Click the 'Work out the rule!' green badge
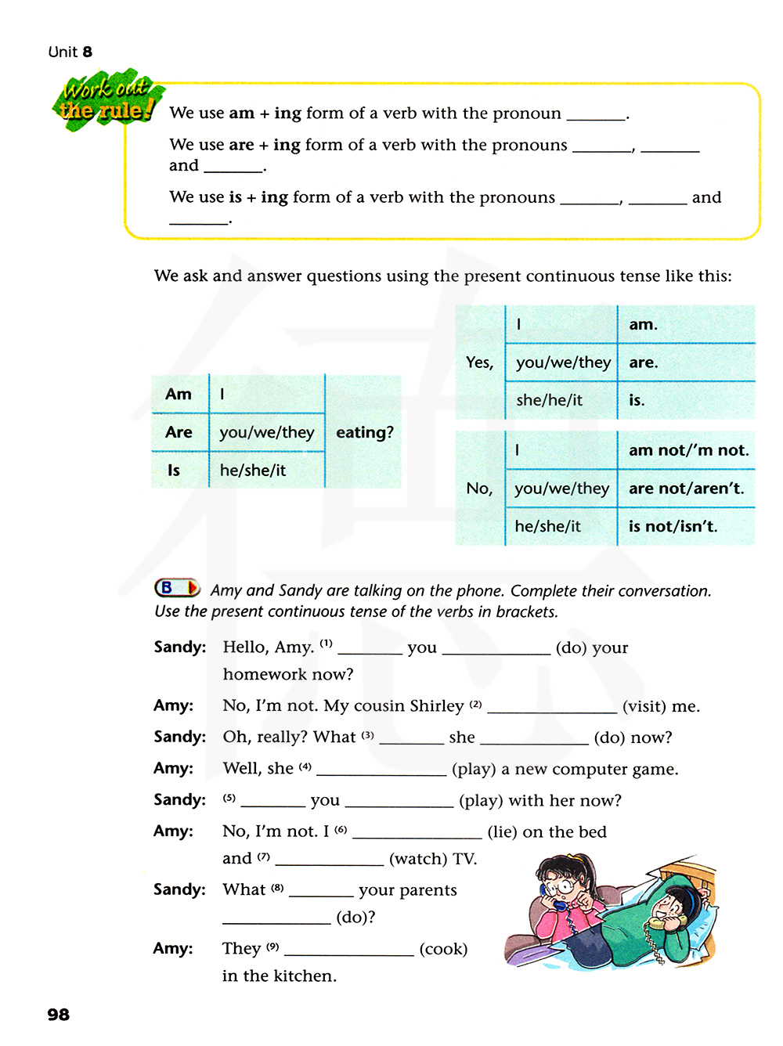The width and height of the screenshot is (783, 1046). [x=107, y=100]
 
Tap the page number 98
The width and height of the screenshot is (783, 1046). [x=58, y=1015]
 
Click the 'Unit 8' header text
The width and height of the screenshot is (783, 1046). [x=70, y=52]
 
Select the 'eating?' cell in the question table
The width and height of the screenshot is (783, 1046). [x=364, y=432]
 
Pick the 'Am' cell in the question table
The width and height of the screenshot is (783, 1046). [x=179, y=394]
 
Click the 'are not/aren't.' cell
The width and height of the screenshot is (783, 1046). [x=686, y=489]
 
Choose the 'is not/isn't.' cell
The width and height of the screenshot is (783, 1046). [x=673, y=526]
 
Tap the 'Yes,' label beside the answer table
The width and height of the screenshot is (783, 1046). [x=479, y=362]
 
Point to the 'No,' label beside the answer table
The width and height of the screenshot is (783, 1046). [x=479, y=489]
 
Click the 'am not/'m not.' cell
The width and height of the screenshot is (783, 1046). [x=688, y=450]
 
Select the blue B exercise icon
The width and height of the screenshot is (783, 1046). [x=176, y=587]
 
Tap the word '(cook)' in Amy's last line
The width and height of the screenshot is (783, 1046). [x=443, y=949]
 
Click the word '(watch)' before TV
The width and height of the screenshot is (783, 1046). [x=415, y=859]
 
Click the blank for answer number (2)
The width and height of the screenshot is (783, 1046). [x=551, y=708]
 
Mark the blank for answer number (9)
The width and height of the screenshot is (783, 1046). [x=348, y=950]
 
